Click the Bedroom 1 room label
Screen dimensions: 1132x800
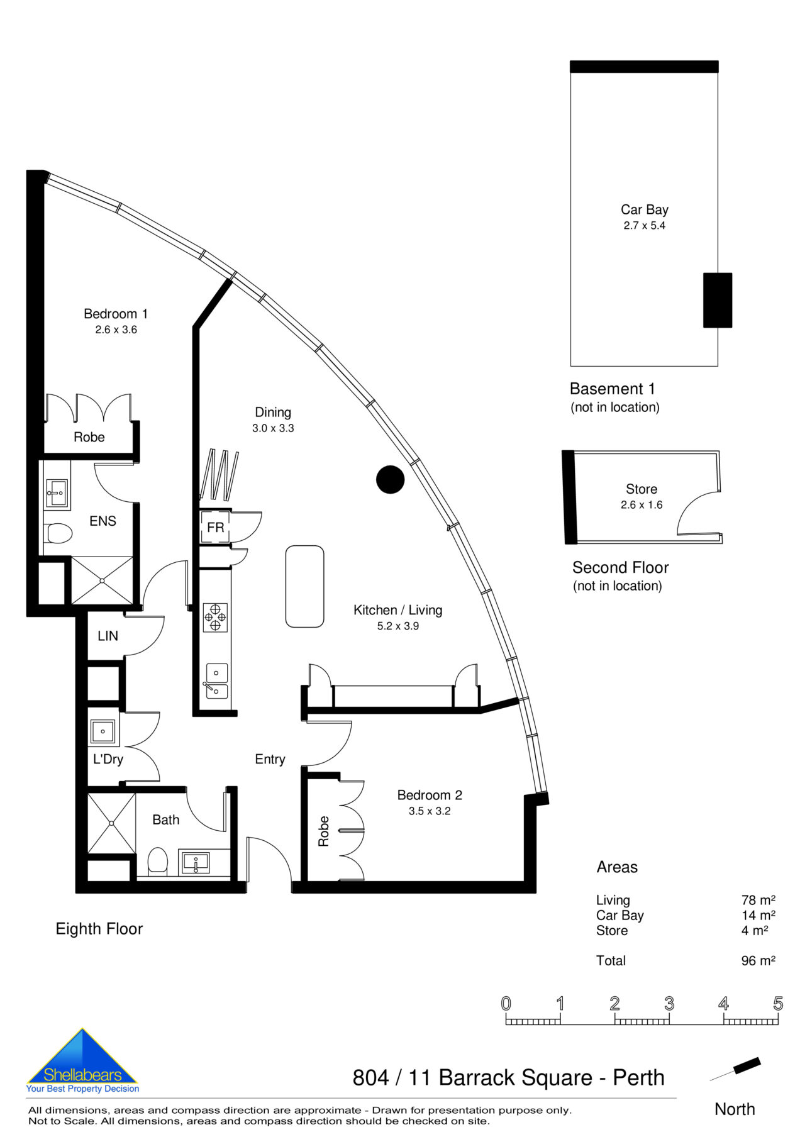click(116, 314)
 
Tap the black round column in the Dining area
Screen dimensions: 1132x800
click(390, 479)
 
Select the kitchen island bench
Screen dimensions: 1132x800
click(304, 586)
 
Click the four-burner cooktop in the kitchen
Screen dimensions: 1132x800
click(215, 617)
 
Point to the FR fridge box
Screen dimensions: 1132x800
click(215, 527)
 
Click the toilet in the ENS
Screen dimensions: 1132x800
click(59, 533)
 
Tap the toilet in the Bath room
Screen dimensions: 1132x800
click(158, 860)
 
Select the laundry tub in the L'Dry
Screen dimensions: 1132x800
click(103, 731)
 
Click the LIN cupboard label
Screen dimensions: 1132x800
click(108, 636)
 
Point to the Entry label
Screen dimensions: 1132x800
click(270, 759)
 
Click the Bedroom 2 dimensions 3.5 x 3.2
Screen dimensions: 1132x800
click(429, 811)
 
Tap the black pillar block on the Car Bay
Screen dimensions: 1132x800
click(717, 300)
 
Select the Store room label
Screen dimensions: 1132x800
click(641, 489)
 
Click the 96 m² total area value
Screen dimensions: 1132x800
click(758, 960)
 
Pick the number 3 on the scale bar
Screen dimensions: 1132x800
click(669, 1004)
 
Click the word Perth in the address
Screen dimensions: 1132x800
click(638, 1077)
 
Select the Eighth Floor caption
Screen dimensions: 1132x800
click(99, 929)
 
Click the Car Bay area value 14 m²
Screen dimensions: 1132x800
click(758, 915)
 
